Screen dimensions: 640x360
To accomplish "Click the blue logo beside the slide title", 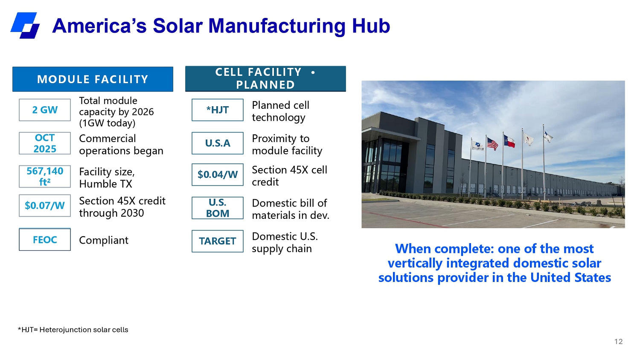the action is [25, 26].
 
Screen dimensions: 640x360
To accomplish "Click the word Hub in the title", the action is [371, 26].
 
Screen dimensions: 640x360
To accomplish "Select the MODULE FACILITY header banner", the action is [93, 79].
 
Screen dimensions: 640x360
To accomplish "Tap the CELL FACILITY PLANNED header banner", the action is [265, 78].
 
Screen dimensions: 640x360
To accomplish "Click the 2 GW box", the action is [45, 110].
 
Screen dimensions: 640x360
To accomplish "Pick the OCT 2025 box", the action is [45, 143].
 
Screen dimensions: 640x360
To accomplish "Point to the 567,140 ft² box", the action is [45, 176].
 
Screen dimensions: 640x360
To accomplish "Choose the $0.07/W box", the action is [45, 206].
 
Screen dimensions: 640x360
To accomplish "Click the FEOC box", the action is [45, 239].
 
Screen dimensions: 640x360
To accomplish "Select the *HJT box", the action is [218, 110].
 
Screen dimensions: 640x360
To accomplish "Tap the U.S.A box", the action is [218, 143].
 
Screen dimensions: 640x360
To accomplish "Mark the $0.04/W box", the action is [218, 174].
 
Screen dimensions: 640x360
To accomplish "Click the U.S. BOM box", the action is [218, 208].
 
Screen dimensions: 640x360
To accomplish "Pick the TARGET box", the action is [218, 241].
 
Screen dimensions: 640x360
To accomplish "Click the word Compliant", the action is [104, 240].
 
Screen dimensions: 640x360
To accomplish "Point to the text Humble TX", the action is [106, 184].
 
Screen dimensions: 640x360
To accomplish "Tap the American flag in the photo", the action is [492, 144].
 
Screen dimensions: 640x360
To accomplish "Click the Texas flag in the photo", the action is [509, 141].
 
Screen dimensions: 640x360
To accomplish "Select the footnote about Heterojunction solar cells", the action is [73, 330].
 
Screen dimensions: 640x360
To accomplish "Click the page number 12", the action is [619, 342].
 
